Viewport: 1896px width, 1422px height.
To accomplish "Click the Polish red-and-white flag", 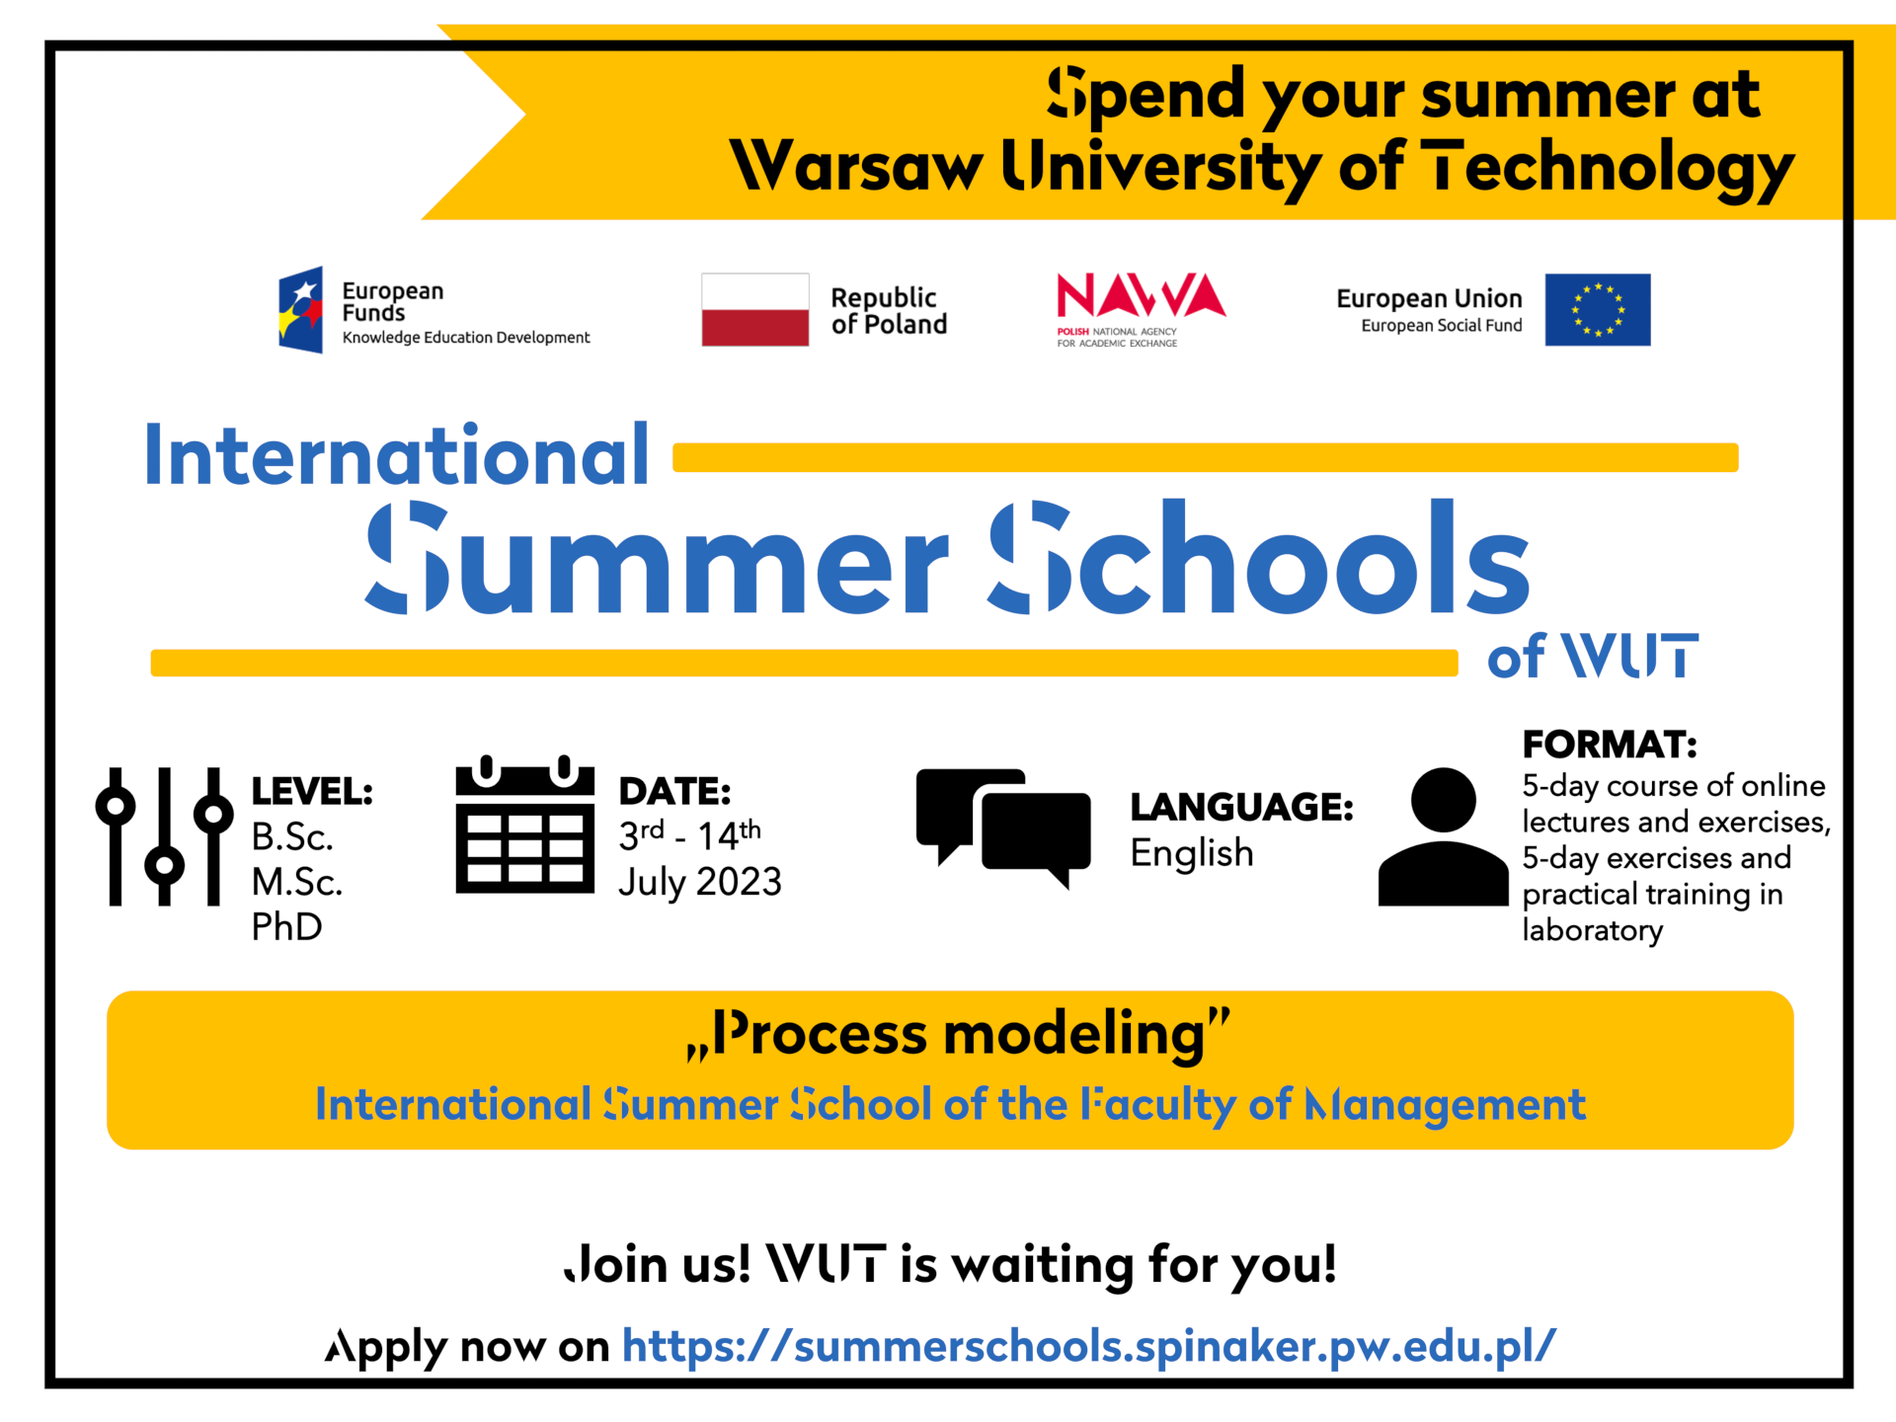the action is point(754,309).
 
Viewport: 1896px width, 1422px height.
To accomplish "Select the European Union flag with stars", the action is point(1597,309).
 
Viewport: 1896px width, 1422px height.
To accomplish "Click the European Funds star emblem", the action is point(300,309).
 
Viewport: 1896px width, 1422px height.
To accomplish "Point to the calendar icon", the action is point(524,825).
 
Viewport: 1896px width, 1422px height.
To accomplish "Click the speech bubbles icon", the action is point(1003,828).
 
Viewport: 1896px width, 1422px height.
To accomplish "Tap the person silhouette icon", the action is point(1443,836).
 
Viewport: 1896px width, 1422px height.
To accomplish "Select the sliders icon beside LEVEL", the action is point(164,835).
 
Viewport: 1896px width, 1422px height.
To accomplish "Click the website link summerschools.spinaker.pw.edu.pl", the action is point(1089,1346).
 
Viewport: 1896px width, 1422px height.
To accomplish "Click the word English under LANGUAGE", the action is point(1192,853).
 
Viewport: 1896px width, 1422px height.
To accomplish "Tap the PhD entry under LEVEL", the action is point(286,926).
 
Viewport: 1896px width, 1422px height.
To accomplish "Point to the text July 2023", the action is point(699,882).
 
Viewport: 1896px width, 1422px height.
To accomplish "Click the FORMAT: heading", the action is point(1610,744).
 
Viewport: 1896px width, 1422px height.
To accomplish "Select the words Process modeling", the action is point(959,1034).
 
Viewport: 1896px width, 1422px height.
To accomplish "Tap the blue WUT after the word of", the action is point(1629,656).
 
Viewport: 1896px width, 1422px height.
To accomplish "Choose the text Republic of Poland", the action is point(889,310).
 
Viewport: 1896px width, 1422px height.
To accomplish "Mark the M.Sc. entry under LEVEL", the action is point(296,882).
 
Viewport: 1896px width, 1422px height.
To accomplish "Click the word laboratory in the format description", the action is point(1592,930).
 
